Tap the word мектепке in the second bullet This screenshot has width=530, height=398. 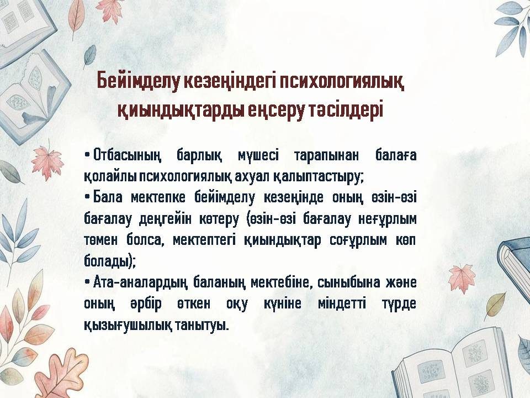tap(158, 198)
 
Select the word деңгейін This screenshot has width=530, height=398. tap(165, 219)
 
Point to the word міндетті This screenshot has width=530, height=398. tap(342, 303)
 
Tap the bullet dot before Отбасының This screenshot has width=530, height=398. tap(87, 155)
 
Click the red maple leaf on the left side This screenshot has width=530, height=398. tap(47, 162)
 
